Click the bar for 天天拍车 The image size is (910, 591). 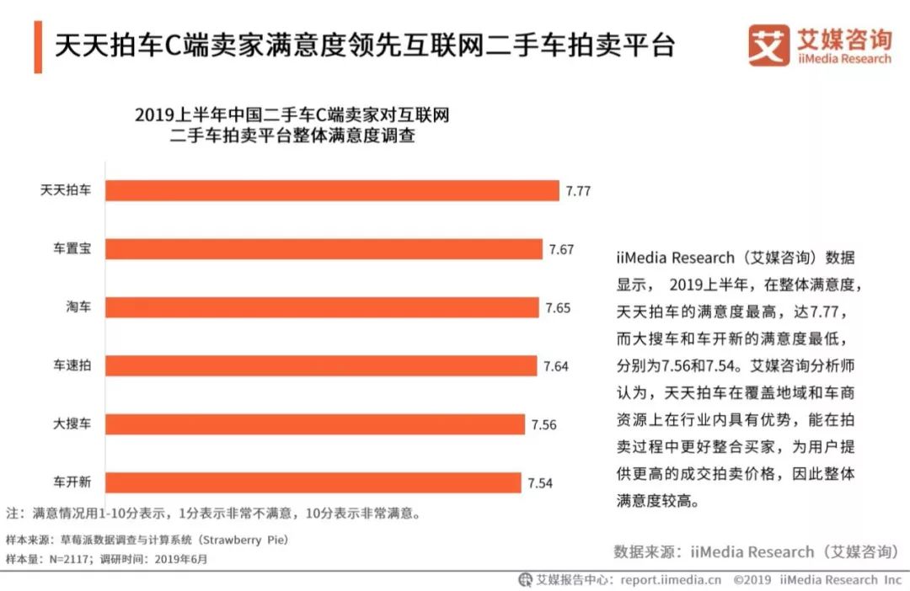pyautogui.click(x=332, y=190)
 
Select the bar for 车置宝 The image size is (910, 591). pyautogui.click(x=324, y=249)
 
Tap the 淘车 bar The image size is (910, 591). pyautogui.click(x=322, y=307)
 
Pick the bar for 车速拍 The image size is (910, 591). pyautogui.click(x=321, y=365)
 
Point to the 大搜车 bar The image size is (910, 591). pyautogui.click(x=315, y=424)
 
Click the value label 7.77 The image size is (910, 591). pyautogui.click(x=578, y=191)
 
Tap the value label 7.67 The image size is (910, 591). pyautogui.click(x=561, y=249)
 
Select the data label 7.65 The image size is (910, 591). pyautogui.click(x=558, y=307)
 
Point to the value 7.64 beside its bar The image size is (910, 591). pyautogui.click(x=556, y=366)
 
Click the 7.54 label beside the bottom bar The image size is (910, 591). pyautogui.click(x=541, y=483)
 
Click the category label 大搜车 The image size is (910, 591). pyautogui.click(x=72, y=424)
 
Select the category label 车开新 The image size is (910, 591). pyautogui.click(x=72, y=483)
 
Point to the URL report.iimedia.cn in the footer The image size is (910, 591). pyautogui.click(x=671, y=580)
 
